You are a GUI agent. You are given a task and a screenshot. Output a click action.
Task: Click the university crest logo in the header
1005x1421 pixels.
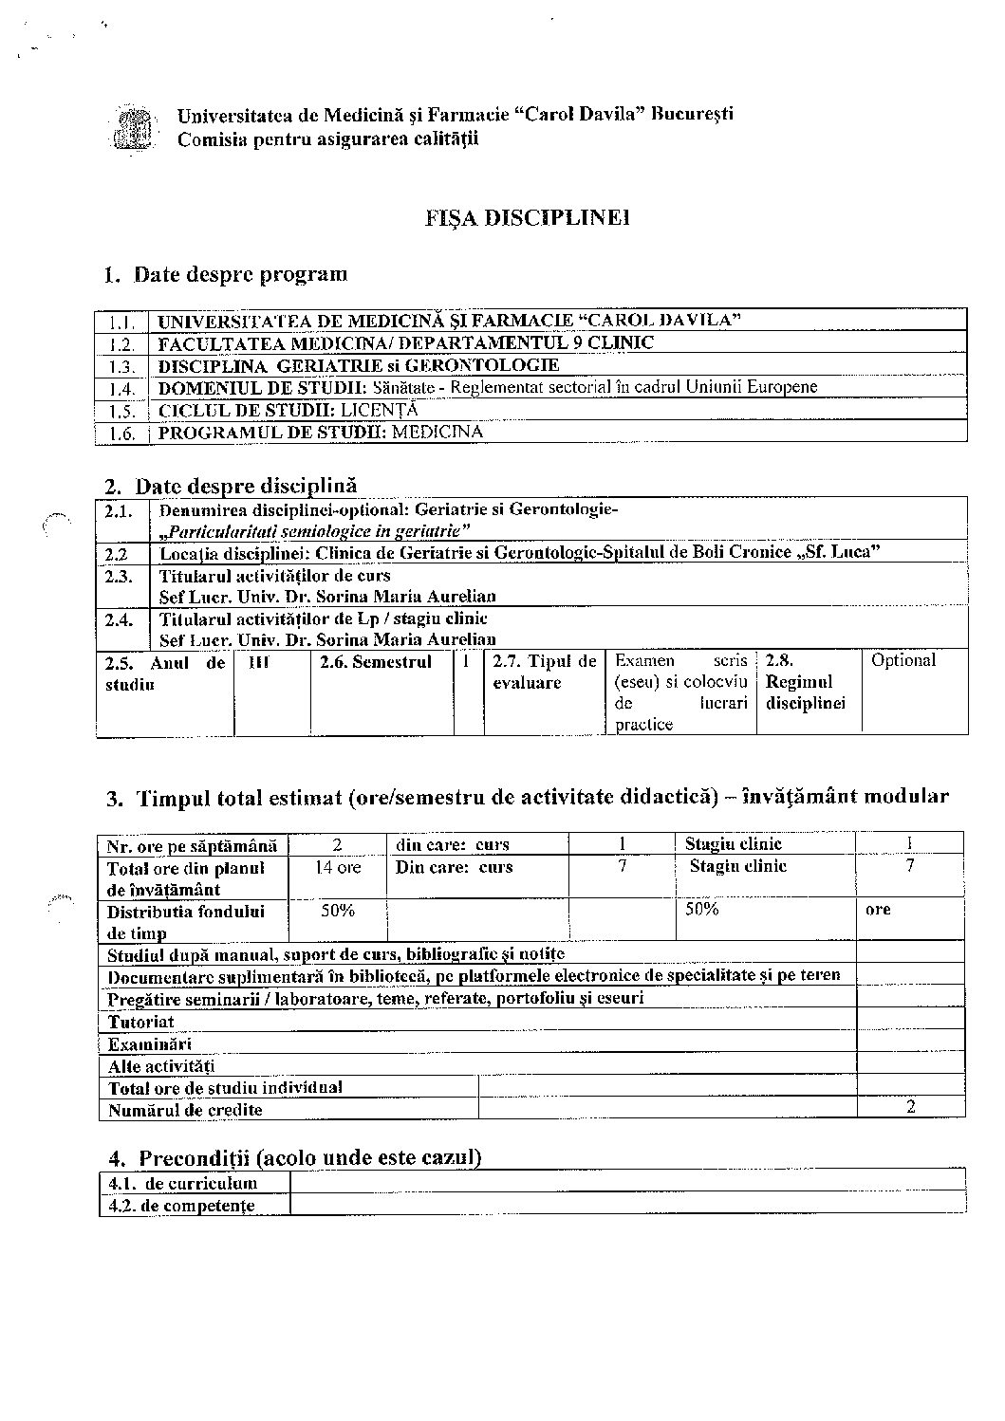pyautogui.click(x=133, y=128)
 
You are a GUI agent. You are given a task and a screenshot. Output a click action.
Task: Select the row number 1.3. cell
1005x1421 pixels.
pyautogui.click(x=121, y=366)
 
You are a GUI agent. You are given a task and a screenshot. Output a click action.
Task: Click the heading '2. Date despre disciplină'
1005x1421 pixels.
pyautogui.click(x=231, y=486)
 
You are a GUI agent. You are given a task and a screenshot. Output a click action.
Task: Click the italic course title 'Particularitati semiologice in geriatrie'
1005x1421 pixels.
pyautogui.click(x=315, y=530)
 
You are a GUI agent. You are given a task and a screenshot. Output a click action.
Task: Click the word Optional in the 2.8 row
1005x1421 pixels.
pyautogui.click(x=903, y=660)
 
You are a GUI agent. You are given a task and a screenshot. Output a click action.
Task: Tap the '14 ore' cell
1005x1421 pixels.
pyautogui.click(x=337, y=867)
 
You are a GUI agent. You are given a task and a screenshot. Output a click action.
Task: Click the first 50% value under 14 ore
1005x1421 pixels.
pyautogui.click(x=337, y=911)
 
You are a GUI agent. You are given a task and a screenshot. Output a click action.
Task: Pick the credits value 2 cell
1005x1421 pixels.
pyautogui.click(x=910, y=1107)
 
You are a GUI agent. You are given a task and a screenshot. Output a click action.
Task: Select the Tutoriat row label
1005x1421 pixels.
pyautogui.click(x=141, y=1022)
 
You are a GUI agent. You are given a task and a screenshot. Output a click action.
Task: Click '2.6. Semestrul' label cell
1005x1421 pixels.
pyautogui.click(x=376, y=662)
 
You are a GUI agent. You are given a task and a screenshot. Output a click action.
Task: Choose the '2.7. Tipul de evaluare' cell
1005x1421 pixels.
pyautogui.click(x=544, y=672)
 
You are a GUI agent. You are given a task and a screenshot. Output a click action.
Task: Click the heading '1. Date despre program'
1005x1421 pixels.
pyautogui.click(x=226, y=275)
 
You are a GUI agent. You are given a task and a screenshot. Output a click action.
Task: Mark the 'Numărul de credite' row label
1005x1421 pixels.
pyautogui.click(x=185, y=1109)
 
